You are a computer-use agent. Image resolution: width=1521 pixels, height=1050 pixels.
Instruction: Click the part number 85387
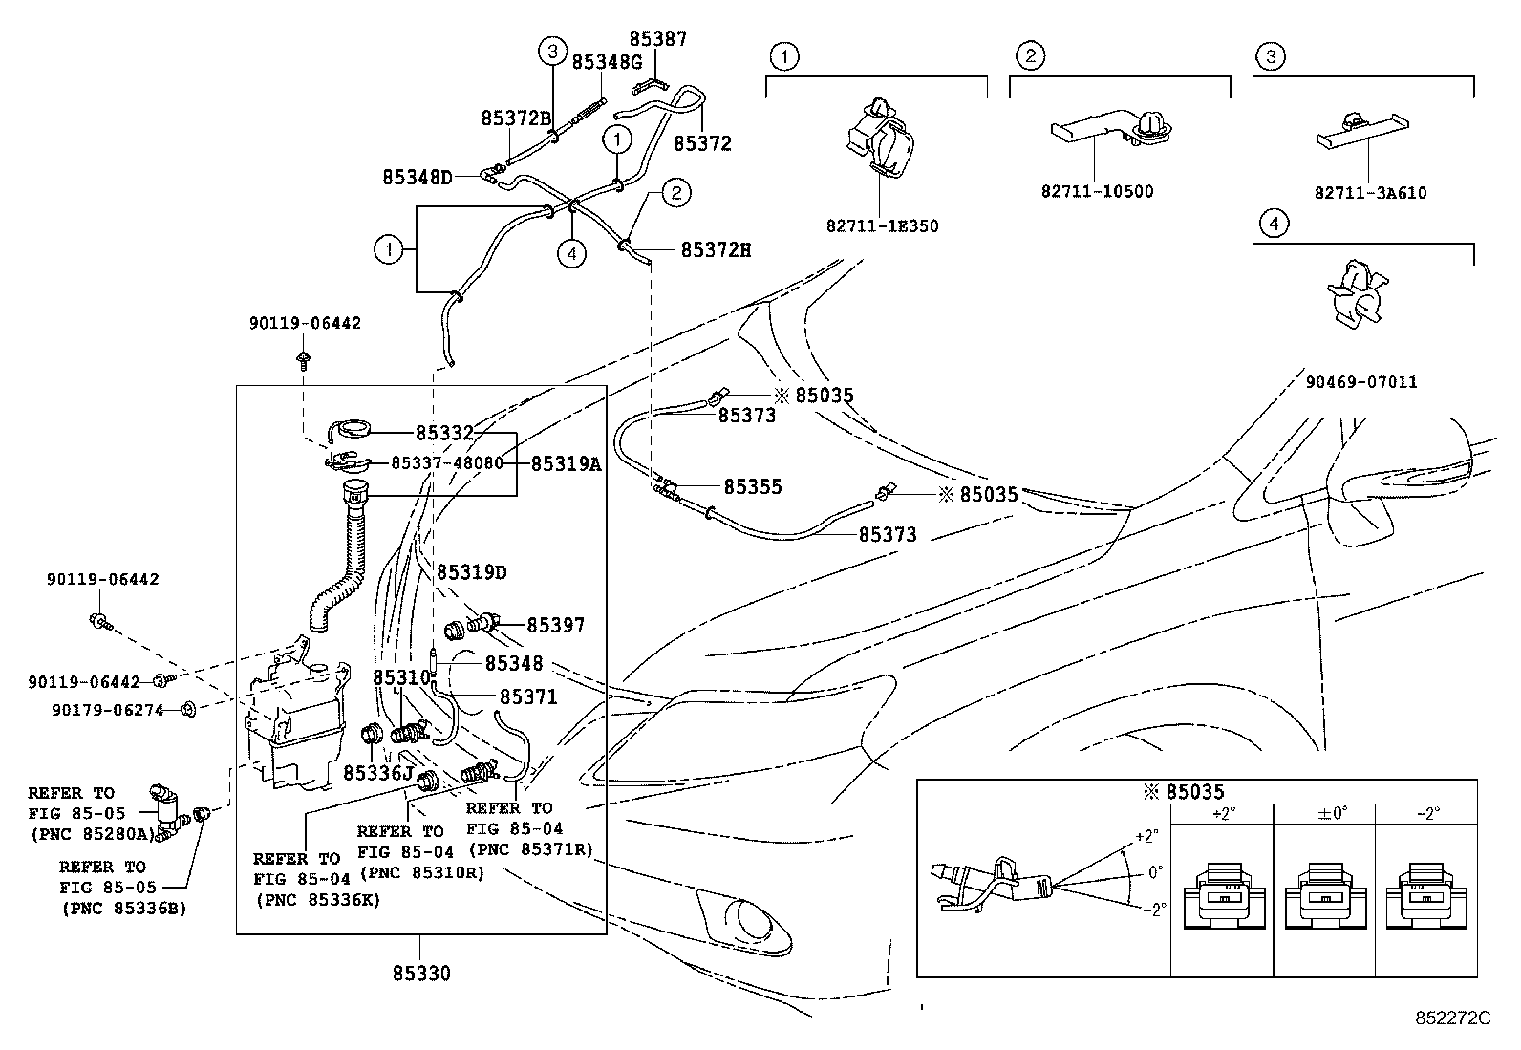(x=658, y=39)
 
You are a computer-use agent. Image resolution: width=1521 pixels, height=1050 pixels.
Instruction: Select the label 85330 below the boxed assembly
(x=421, y=974)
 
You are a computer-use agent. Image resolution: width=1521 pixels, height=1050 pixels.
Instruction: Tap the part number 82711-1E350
(x=882, y=226)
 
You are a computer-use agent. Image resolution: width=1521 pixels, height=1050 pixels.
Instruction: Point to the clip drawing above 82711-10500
(x=1112, y=129)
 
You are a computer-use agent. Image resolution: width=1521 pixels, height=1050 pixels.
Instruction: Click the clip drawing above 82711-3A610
(x=1362, y=129)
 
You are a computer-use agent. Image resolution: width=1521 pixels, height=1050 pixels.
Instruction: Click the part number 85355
(x=752, y=486)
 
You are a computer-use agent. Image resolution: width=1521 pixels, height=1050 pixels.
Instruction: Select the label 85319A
(x=566, y=464)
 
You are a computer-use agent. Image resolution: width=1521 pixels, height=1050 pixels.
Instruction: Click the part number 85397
(x=555, y=625)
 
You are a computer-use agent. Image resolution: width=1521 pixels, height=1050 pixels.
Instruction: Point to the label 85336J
(x=378, y=773)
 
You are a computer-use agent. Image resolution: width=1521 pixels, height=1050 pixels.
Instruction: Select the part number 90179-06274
(x=107, y=711)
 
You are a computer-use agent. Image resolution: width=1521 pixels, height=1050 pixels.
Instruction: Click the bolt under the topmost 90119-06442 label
(x=304, y=360)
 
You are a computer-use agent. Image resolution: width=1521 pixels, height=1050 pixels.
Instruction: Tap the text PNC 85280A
(x=94, y=834)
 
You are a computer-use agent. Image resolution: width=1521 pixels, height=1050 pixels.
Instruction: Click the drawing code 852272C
(x=1452, y=1018)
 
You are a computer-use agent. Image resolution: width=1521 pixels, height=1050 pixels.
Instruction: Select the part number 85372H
(x=716, y=250)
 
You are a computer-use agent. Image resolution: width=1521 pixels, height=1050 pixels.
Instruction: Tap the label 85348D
(x=418, y=178)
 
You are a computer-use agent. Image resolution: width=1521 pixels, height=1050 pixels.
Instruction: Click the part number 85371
(x=528, y=696)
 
